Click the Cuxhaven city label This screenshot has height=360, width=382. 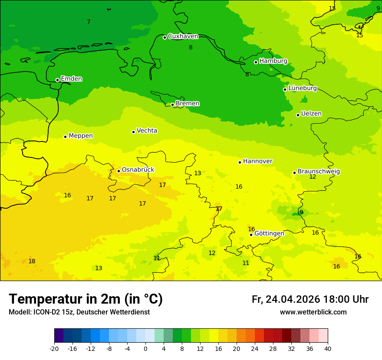pos(183,36)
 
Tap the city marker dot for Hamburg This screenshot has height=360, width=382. pos(256,62)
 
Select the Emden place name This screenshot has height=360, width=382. pos(71,79)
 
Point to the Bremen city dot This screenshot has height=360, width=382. pos(172,105)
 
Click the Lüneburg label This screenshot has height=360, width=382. pos(302,88)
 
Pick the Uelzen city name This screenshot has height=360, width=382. pos(311,114)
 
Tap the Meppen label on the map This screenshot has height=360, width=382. pos(80,136)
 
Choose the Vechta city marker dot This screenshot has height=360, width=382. pos(133,132)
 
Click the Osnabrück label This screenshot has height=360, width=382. pos(138,170)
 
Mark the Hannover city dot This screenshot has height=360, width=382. pos(240,162)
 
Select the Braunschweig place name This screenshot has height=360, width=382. pos(319,172)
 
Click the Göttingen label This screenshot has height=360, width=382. pos(269,234)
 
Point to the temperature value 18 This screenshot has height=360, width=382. pos(32,261)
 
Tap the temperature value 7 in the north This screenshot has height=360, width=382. pos(89,22)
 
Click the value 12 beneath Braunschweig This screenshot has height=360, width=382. pos(313,177)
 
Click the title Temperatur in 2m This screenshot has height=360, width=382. pos(86,299)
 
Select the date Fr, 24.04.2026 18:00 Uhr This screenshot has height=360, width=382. pos(310,299)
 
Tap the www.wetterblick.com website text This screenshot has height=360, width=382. pos(313,312)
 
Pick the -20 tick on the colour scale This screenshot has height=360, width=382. pos(54,348)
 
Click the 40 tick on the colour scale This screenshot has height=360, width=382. pos(327,348)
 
